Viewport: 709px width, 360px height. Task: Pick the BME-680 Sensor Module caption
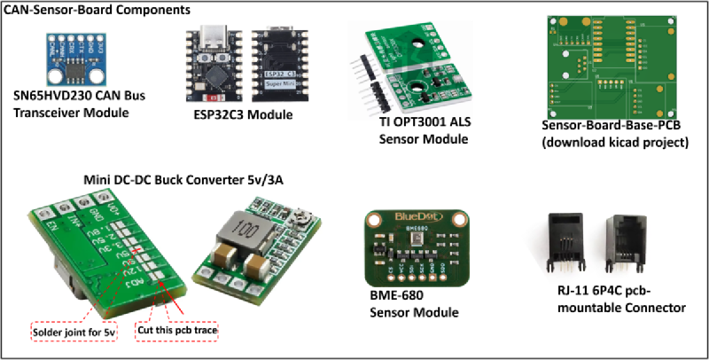pyautogui.click(x=408, y=304)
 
